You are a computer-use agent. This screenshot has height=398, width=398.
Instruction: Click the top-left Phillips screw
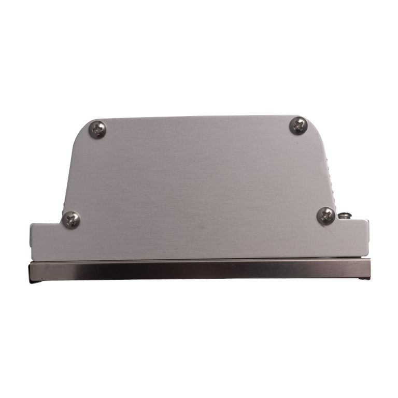point(97,129)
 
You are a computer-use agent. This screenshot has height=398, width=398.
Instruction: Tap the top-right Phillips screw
point(298,125)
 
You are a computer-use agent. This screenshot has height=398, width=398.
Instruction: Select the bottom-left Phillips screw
point(71,220)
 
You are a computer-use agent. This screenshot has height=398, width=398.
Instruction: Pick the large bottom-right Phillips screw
point(325,216)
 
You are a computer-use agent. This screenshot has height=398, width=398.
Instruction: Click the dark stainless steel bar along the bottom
point(200,270)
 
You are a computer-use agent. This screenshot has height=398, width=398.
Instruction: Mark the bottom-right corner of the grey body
point(367,256)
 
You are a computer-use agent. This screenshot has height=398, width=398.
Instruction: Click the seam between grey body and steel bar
point(200,260)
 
